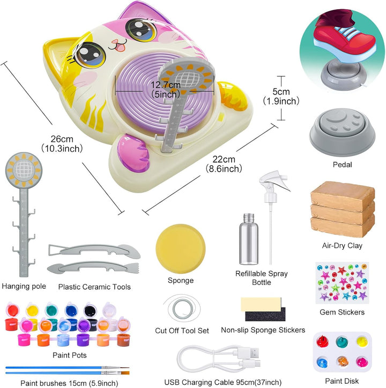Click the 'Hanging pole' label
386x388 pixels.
click(x=24, y=286)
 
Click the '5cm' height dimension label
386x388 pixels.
click(x=280, y=91)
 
